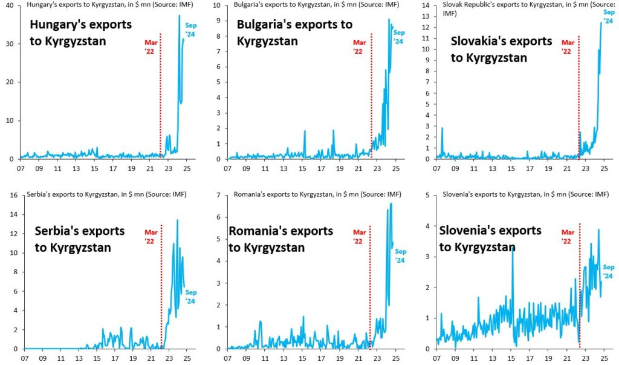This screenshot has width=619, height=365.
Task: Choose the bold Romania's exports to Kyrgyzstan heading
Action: click(280, 239)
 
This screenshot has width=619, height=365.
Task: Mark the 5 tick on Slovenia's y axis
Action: click(428, 195)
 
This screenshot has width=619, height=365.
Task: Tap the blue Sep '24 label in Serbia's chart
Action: click(190, 297)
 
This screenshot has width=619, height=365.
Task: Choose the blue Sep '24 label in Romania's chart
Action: click(400, 255)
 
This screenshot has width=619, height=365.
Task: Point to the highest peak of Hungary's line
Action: click(180, 16)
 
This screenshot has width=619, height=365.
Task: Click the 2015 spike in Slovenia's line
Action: click(513, 248)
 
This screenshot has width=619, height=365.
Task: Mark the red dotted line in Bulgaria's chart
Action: click(372, 97)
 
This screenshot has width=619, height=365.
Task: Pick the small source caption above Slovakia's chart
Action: click(520, 10)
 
